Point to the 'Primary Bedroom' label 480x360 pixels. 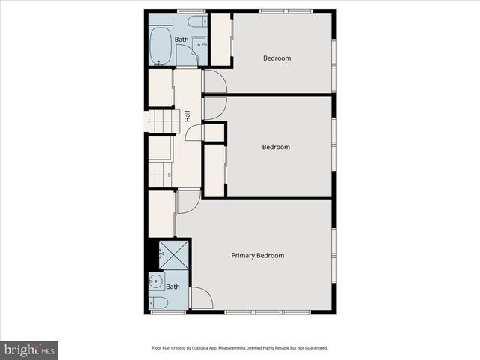(257, 256)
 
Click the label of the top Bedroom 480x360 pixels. (277, 58)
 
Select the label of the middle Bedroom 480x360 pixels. (275, 147)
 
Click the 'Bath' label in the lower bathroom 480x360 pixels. (173, 286)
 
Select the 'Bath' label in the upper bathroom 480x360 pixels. (181, 40)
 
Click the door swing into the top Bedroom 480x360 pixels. (213, 80)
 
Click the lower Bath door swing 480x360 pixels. (201, 298)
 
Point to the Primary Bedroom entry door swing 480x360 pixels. (187, 201)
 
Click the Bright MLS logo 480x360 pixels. (29, 349)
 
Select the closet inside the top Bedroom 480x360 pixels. (220, 40)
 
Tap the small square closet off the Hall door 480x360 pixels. (214, 133)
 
